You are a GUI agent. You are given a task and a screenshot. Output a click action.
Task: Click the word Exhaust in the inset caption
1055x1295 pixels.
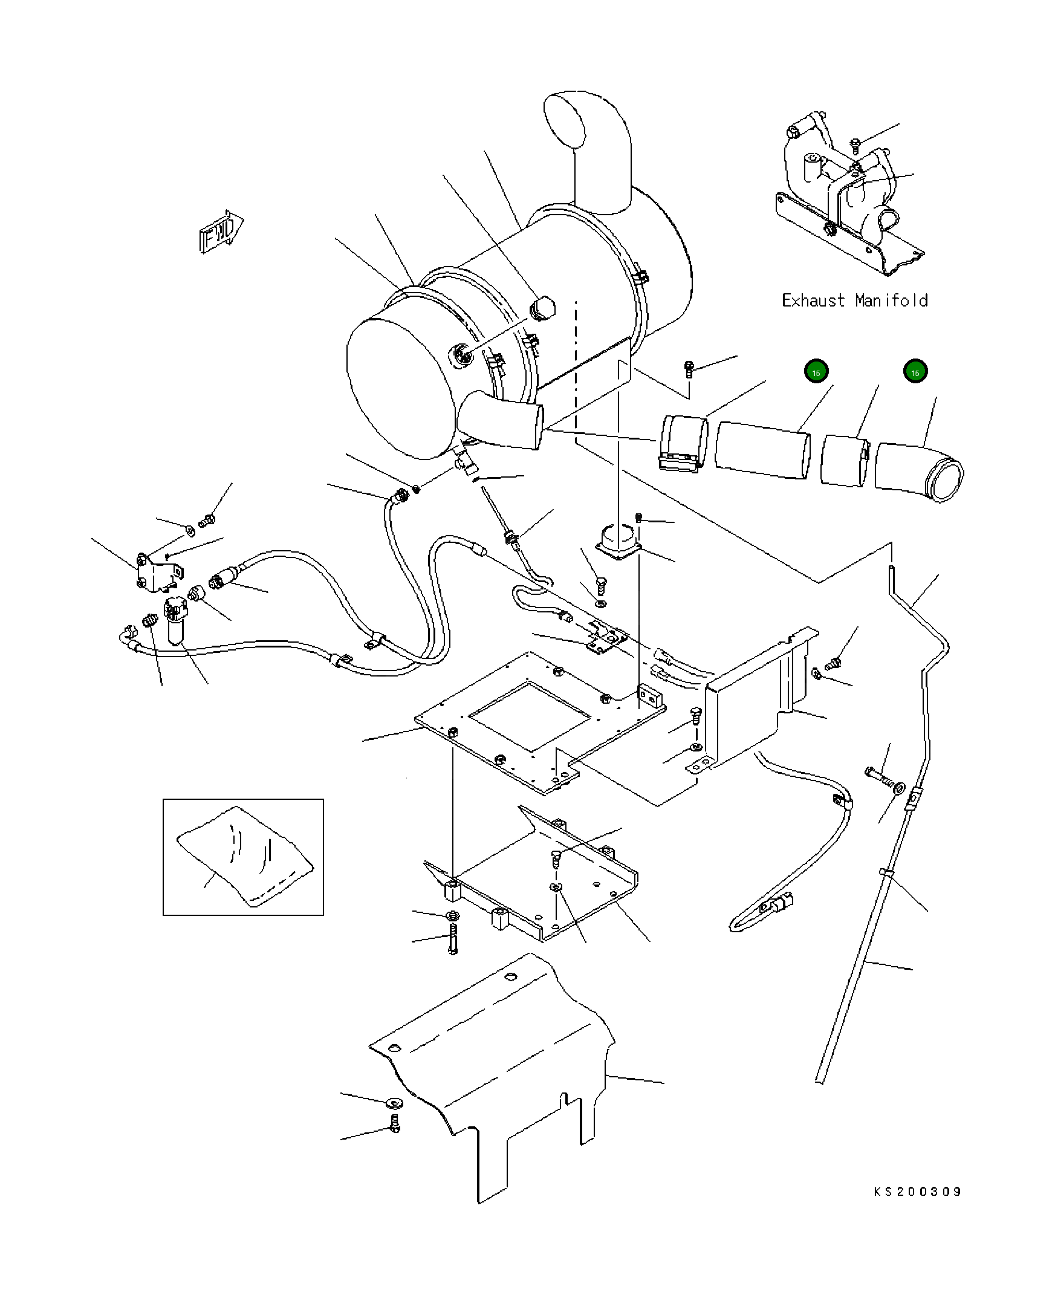tap(813, 301)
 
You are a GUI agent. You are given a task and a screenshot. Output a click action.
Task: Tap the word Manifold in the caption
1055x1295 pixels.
tap(891, 301)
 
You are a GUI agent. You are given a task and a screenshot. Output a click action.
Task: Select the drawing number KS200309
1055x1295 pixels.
tap(917, 1192)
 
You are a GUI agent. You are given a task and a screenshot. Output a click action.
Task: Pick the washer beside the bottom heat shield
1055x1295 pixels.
tap(393, 1102)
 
